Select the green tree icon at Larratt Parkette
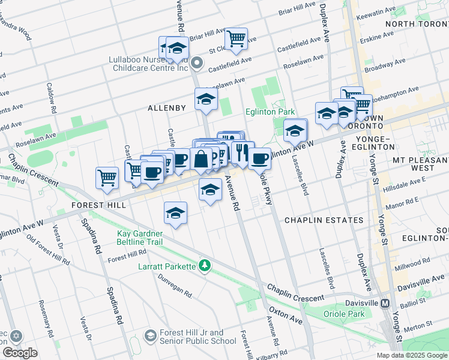(x=205, y=265)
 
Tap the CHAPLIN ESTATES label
(x=324, y=220)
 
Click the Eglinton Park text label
(x=270, y=112)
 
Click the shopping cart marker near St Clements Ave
(x=237, y=39)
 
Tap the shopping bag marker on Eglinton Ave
(x=202, y=159)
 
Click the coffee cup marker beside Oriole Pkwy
(x=259, y=158)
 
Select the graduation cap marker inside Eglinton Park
(x=295, y=130)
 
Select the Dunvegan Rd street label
(x=174, y=286)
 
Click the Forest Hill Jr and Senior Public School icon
(x=150, y=337)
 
